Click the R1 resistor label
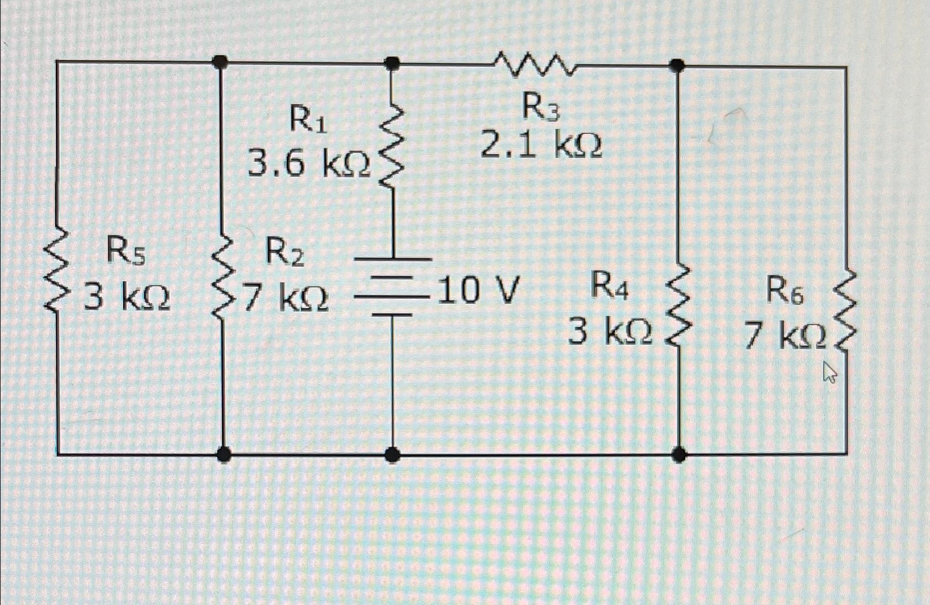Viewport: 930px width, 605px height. (x=308, y=119)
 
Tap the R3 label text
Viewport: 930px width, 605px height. (x=541, y=107)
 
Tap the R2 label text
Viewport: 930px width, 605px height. (x=285, y=253)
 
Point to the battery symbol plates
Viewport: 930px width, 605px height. (x=392, y=286)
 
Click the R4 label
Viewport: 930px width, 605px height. (x=609, y=286)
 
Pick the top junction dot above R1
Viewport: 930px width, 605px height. (x=392, y=63)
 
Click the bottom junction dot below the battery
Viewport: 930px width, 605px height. (x=392, y=455)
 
